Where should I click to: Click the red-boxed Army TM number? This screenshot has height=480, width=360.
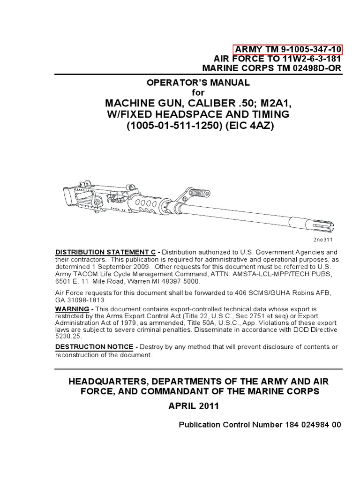tap(288, 50)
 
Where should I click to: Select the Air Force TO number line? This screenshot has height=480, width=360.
tap(277, 59)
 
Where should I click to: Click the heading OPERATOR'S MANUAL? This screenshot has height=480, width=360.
tap(199, 83)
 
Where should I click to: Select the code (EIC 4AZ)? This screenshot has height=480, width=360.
tap(252, 127)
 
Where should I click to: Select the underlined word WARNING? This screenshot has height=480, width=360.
tap(72, 309)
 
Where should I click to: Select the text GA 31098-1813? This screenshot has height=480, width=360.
tap(81, 300)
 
